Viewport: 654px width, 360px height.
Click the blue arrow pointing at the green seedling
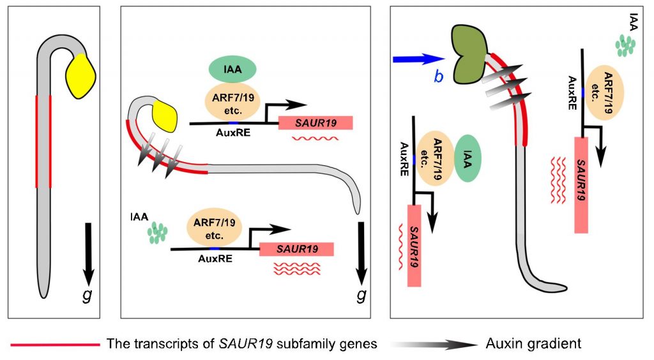click(x=416, y=59)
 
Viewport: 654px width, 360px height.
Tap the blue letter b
click(x=438, y=77)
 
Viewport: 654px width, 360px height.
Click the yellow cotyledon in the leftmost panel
click(x=81, y=76)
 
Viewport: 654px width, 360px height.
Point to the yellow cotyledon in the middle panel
click(x=163, y=115)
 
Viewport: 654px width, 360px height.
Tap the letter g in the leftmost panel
click(x=87, y=295)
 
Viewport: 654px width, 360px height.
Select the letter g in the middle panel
click(x=361, y=295)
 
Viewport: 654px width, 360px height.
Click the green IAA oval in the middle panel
click(x=232, y=69)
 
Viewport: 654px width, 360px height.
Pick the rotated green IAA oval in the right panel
click(x=467, y=158)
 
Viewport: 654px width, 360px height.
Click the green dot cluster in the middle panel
click(x=157, y=233)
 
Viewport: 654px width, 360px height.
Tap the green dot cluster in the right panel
click(x=625, y=45)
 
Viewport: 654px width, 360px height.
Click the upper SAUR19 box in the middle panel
click(x=316, y=123)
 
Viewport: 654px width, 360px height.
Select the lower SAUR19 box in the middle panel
click(x=296, y=249)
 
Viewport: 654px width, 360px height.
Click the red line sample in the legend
click(x=56, y=345)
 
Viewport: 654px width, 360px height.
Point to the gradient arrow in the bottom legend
click(x=434, y=345)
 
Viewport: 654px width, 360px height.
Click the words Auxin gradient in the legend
click(x=533, y=344)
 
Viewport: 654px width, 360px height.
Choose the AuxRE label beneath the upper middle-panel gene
click(x=232, y=133)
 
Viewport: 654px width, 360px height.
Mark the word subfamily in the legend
click(x=305, y=344)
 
